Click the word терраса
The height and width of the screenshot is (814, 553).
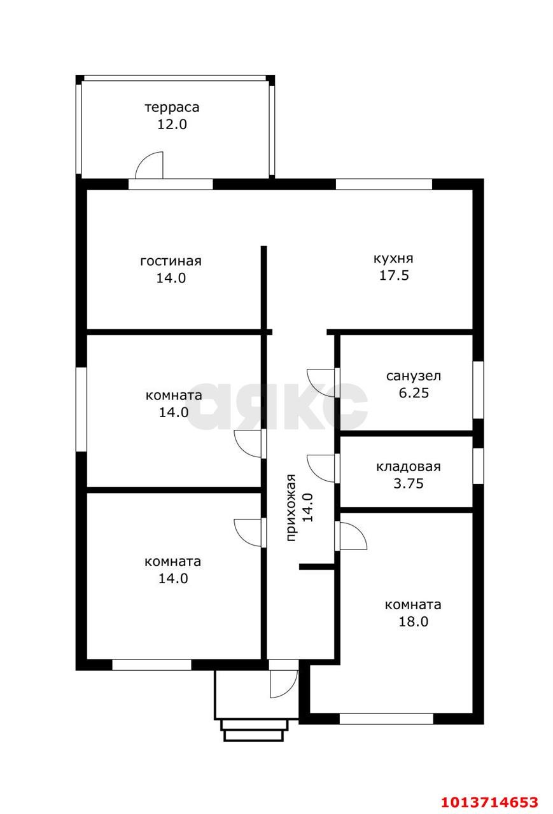(x=172, y=108)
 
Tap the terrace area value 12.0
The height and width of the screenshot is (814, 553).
(x=172, y=124)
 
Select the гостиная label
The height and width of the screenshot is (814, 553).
(x=171, y=261)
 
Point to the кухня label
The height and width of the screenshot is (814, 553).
(x=393, y=259)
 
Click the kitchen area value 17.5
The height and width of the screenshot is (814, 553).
(x=394, y=275)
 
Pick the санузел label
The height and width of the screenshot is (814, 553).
(x=414, y=376)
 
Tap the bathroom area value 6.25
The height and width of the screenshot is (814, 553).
(x=414, y=393)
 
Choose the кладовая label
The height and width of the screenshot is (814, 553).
(x=409, y=467)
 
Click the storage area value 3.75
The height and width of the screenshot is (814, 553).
(x=409, y=484)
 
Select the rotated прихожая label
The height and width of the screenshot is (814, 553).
(x=291, y=507)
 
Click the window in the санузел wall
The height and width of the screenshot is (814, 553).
(x=479, y=390)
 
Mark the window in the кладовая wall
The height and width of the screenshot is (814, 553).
(x=479, y=466)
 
